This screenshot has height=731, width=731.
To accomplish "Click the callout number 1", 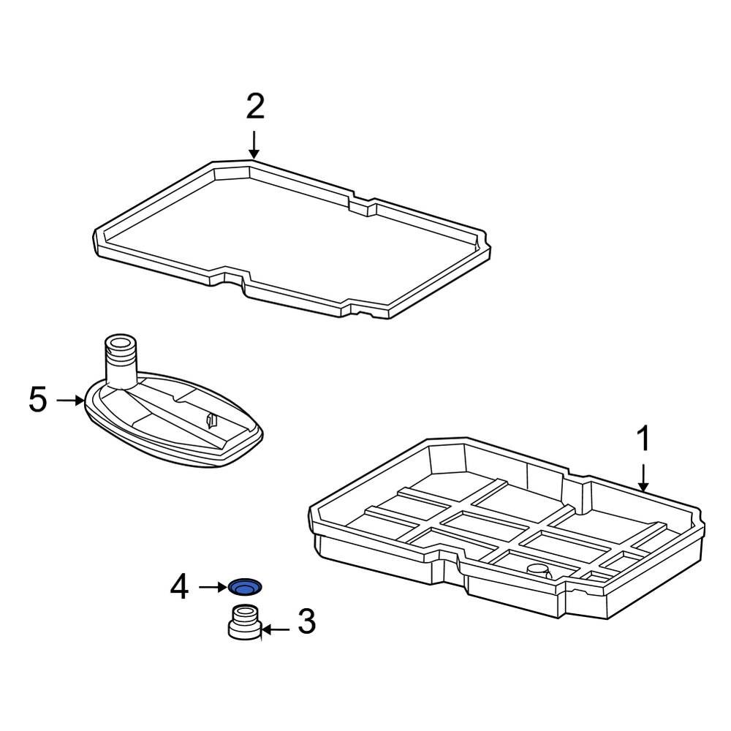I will pyautogui.click(x=643, y=440).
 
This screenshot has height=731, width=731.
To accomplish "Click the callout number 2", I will pyautogui.click(x=254, y=107).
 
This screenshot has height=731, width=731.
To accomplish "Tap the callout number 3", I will pyautogui.click(x=306, y=622).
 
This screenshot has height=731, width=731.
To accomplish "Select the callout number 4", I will pyautogui.click(x=179, y=586).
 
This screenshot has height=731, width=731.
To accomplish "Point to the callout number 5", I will pyautogui.click(x=38, y=400).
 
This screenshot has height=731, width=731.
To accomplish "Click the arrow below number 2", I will pyautogui.click(x=254, y=144).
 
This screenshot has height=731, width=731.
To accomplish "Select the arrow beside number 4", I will pyautogui.click(x=213, y=586).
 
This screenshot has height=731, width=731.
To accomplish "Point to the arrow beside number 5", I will pyautogui.click(x=71, y=400).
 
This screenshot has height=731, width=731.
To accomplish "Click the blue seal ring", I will pyautogui.click(x=244, y=586).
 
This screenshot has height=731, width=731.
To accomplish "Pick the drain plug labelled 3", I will pyautogui.click(x=244, y=624).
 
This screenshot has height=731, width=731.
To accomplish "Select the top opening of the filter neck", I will pyautogui.click(x=121, y=341).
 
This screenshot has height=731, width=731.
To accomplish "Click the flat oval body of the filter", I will pyautogui.click(x=175, y=428).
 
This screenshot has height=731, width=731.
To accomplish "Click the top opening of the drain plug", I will pyautogui.click(x=244, y=611).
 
